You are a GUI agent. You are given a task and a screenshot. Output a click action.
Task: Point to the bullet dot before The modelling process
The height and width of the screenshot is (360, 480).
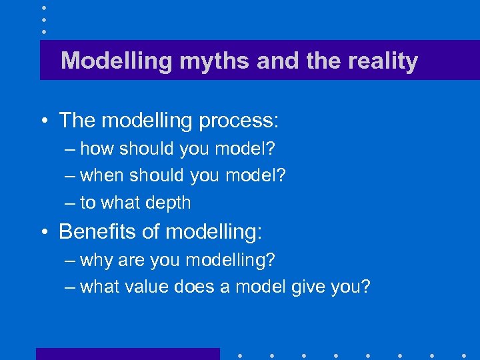[x=43, y=121]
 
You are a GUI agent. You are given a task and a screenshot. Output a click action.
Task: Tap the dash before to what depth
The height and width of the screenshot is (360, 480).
[x=70, y=203]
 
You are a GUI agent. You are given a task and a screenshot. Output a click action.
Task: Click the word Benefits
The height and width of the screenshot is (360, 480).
[x=99, y=232]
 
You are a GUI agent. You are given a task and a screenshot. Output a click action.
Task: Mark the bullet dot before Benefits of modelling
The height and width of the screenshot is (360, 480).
[x=43, y=233]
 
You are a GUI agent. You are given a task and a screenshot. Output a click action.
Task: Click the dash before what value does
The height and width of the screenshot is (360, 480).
[x=70, y=287]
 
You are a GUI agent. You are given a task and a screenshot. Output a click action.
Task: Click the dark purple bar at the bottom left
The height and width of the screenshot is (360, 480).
[x=127, y=354]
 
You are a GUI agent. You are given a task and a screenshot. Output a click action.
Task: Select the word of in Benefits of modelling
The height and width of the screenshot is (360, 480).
[x=151, y=232]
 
